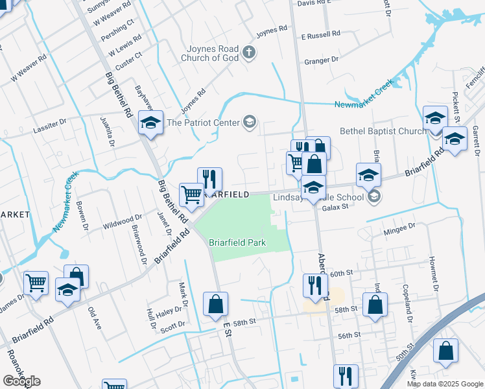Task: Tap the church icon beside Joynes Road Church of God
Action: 248,53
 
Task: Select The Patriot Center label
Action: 203,121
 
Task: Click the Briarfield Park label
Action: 237,243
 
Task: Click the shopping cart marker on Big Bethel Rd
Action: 191,194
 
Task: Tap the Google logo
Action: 21,381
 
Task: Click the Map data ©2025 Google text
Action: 445,384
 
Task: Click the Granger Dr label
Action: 322,61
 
